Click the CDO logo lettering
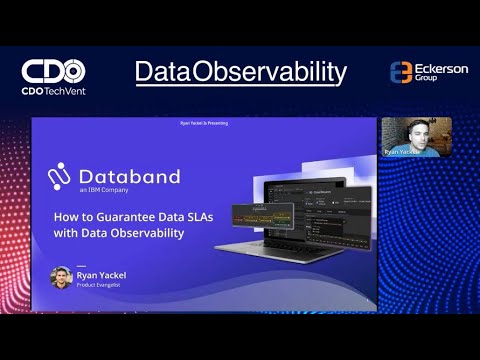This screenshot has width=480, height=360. tap(53, 71)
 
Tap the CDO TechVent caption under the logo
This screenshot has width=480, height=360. tap(53, 91)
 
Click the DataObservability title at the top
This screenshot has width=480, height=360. tap(240, 72)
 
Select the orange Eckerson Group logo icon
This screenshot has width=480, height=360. tap(400, 73)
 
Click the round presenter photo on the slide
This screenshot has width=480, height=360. tap(61, 277)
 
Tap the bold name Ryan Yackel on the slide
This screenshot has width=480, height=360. tap(105, 272)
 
